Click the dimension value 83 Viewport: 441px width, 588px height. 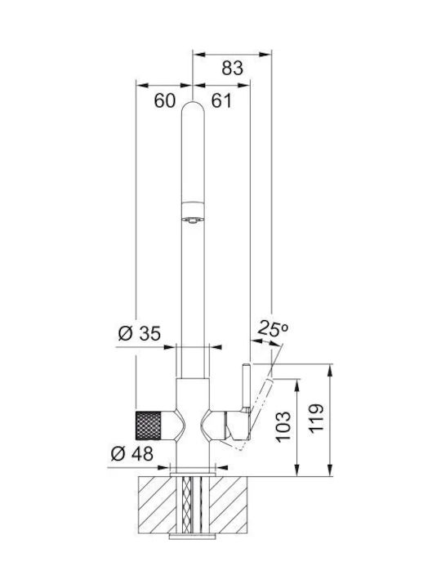pos(233,69)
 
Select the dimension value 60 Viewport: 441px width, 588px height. pos(165,100)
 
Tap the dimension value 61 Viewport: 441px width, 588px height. pos(221,100)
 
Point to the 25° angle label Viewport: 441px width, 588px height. pos(273,329)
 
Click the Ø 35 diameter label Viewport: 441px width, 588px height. pos(140,333)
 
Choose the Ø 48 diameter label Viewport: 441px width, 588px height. pos(132,454)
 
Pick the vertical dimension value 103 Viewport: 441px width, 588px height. pos(284,427)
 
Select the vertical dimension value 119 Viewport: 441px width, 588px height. pos(317,419)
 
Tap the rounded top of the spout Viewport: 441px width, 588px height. pos(193,107)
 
